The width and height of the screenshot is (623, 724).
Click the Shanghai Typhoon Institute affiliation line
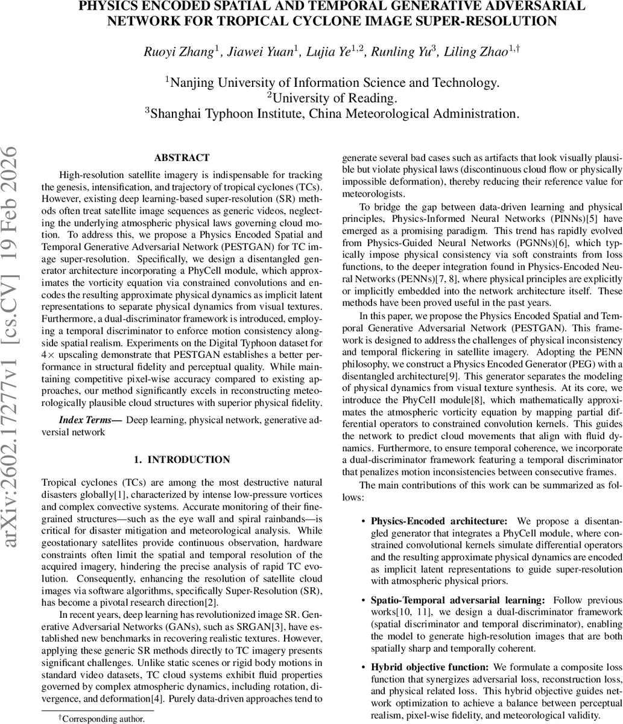(x=331, y=113)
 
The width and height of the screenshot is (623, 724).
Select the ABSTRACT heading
(x=182, y=158)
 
